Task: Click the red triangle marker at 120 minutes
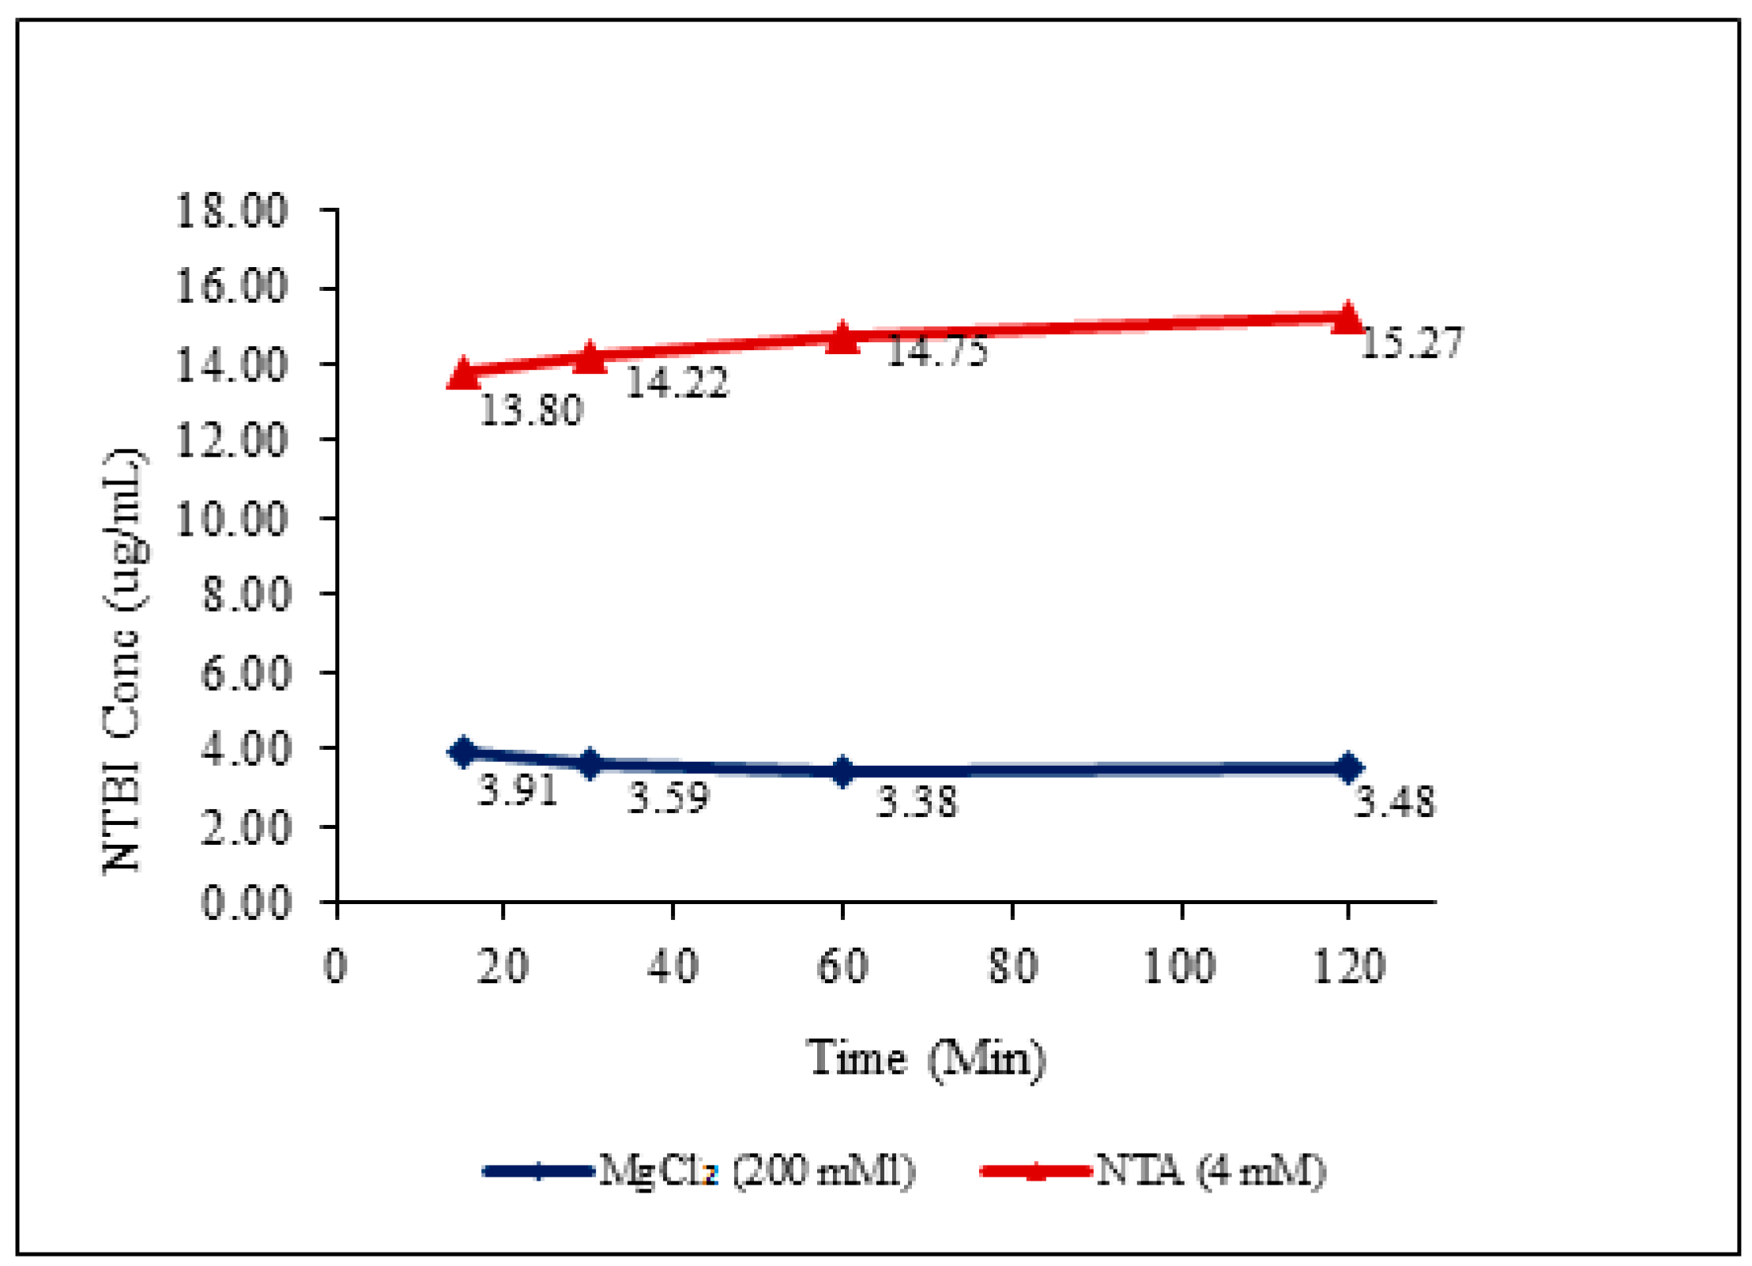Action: click(x=1347, y=318)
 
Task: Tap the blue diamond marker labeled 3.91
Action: click(x=464, y=751)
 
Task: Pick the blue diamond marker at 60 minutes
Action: click(x=842, y=771)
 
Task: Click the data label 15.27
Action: click(x=1411, y=344)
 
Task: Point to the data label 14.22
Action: click(x=676, y=382)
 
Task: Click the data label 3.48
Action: click(x=1395, y=802)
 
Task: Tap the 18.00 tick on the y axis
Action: click(x=231, y=211)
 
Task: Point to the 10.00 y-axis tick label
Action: click(x=231, y=519)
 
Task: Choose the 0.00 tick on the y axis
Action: click(x=246, y=902)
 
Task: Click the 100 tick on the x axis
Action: click(x=1181, y=966)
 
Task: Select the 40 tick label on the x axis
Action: click(x=673, y=966)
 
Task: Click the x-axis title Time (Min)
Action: click(x=925, y=1058)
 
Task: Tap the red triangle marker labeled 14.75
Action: click(x=842, y=337)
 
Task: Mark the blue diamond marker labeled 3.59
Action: click(x=590, y=763)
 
